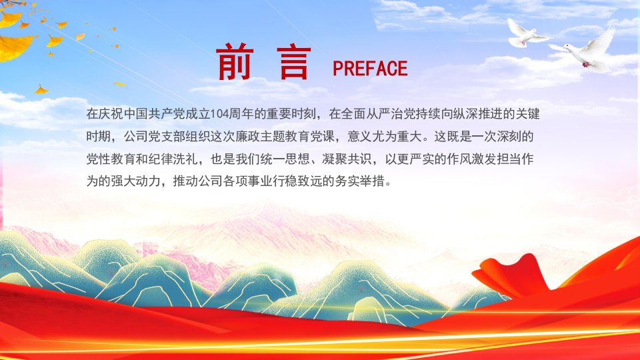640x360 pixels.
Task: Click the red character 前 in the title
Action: point(235,62)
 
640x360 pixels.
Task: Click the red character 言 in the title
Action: point(293,63)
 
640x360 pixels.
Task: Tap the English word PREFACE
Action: point(370,69)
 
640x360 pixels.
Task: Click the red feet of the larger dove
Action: point(586,65)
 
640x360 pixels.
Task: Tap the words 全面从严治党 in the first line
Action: point(366,114)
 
